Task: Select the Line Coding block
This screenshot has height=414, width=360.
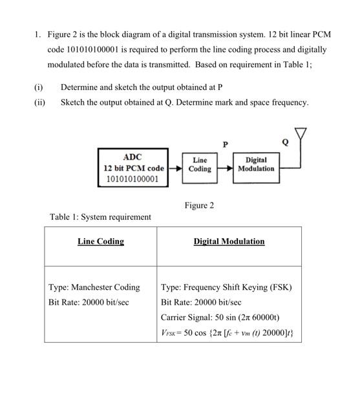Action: [200, 164]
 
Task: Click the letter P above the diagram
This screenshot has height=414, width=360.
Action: [225, 144]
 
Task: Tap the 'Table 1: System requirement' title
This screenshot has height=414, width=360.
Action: [100, 217]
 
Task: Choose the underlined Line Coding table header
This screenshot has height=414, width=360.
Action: [101, 241]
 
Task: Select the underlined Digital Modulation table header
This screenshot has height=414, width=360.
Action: [229, 241]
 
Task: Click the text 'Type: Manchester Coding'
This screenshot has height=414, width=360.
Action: [94, 287]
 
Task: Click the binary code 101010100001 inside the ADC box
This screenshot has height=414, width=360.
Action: [132, 179]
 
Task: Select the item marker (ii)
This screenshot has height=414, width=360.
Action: [39, 102]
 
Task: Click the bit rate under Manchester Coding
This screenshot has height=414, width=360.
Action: [89, 302]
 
